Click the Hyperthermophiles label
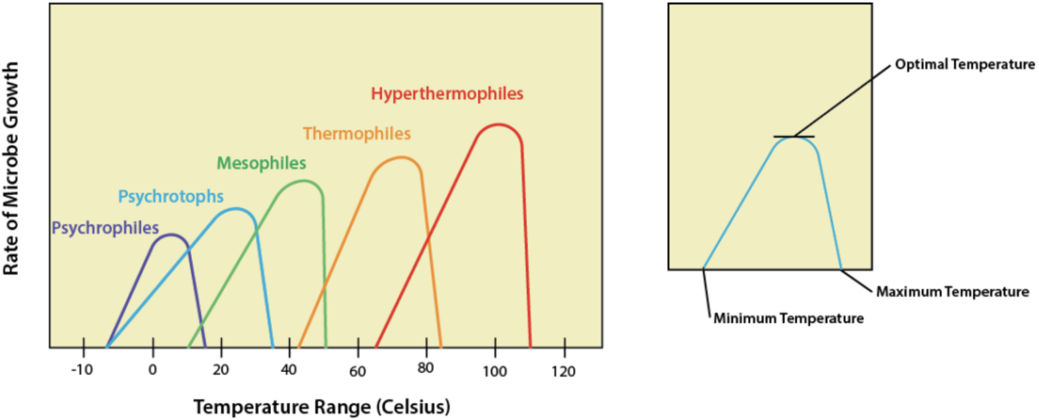pos(447,94)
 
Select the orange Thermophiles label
pos(356,134)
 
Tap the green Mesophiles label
pos(261,164)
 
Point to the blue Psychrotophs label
pos(171,197)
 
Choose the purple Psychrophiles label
pos(105,229)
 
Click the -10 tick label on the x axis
pos(82,370)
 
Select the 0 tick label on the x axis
pos(153,370)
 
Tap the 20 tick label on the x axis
pos(221,370)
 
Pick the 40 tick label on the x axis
pos(288,370)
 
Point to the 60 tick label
pos(357,371)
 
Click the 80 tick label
pos(425,368)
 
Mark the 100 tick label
pos(495,371)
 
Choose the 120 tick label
pos(563,371)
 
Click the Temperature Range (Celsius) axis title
pos(321,408)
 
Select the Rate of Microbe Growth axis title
pos(11,168)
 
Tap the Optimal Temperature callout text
pos(964,65)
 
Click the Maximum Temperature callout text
pos(952,292)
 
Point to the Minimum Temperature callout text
pos(788,319)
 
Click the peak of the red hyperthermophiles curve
pos(498,125)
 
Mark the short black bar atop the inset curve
pos(793,136)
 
